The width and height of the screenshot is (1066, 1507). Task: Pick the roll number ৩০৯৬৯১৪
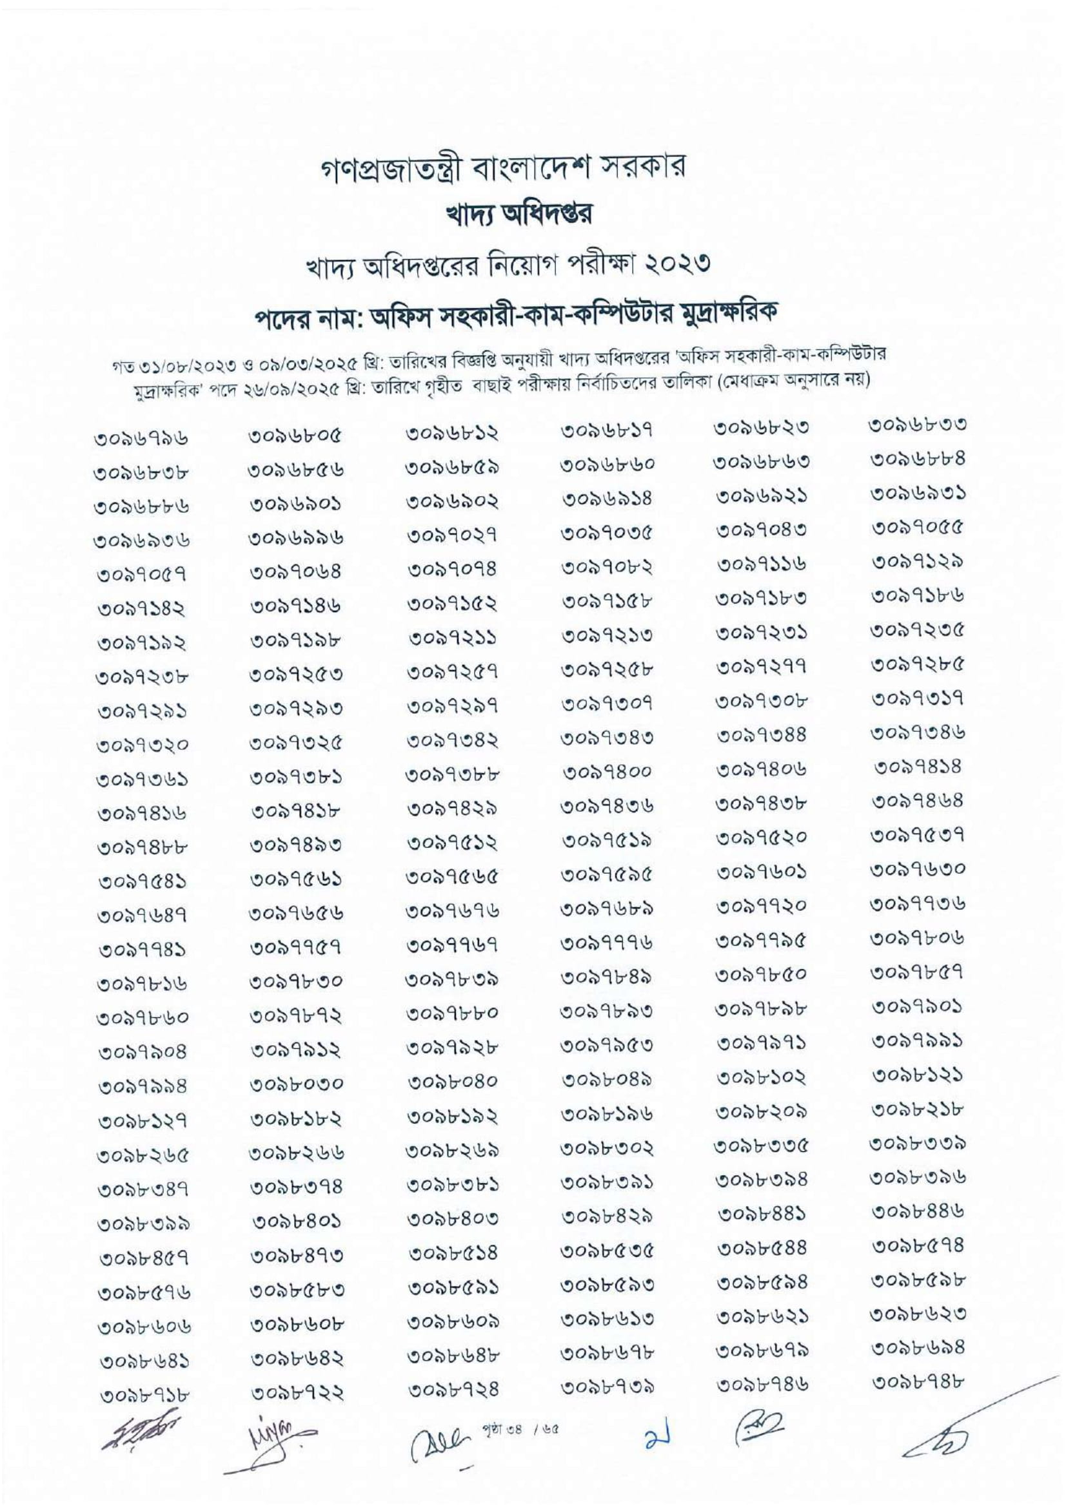pos(607,499)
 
